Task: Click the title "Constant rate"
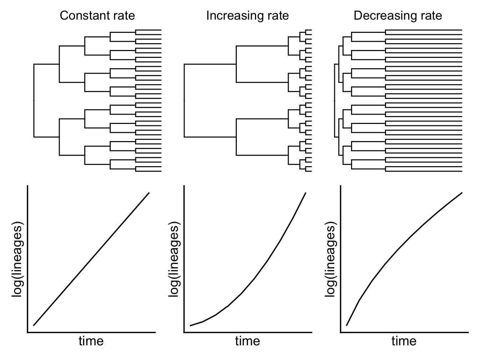point(97,16)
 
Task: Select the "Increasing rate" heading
point(247,16)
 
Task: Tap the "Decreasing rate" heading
point(398,16)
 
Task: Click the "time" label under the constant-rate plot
point(91,341)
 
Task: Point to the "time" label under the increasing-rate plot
point(247,341)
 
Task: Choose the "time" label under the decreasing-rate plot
point(404,341)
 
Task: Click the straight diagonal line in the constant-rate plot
point(91,259)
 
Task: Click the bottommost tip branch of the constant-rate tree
point(149,171)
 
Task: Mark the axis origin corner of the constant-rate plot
point(28,332)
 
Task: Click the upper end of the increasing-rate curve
point(305,193)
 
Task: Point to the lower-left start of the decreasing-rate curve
point(347,325)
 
